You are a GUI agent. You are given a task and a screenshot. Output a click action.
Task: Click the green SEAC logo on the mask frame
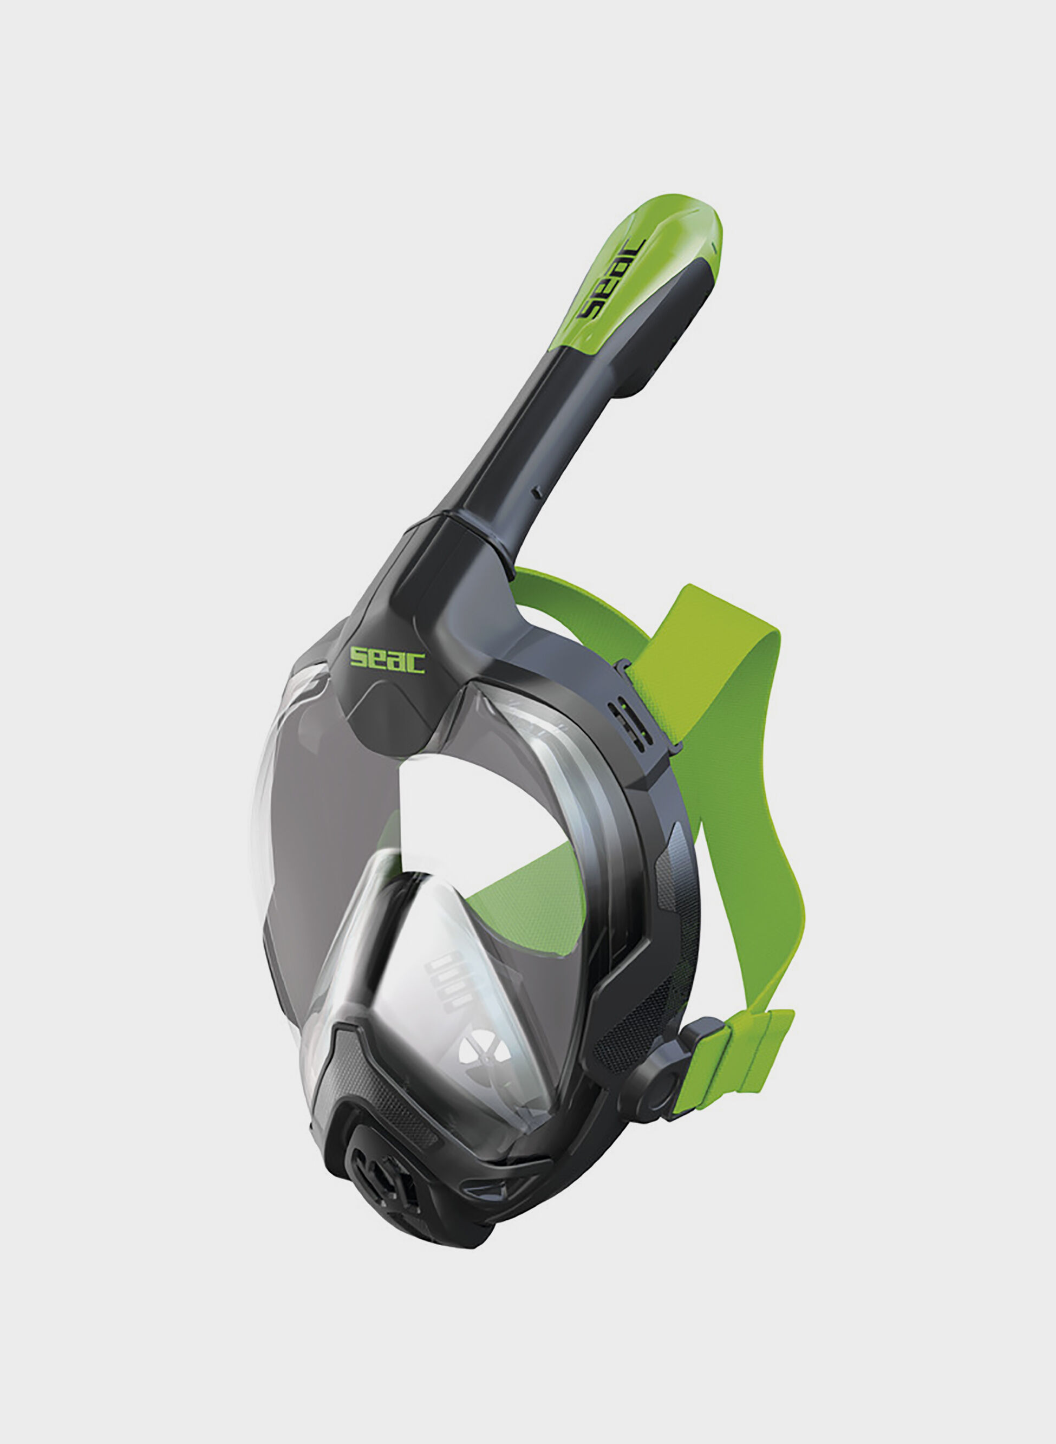(x=387, y=660)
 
